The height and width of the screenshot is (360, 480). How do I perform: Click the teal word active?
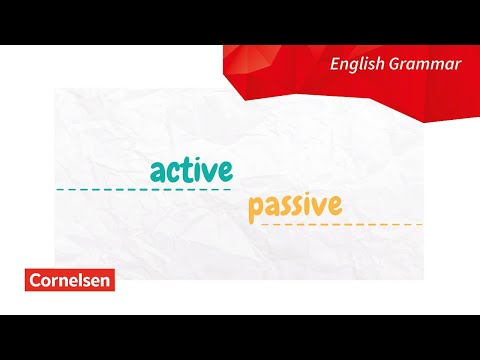point(190,168)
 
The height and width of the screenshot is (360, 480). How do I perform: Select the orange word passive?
point(295,207)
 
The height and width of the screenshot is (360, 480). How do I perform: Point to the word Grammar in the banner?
point(427,65)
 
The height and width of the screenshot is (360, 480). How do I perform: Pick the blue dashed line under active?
point(143,189)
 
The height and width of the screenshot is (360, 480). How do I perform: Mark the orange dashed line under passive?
point(340,225)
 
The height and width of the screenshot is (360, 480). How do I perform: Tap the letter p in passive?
point(255,210)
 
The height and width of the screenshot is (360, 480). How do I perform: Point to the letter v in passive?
point(319,207)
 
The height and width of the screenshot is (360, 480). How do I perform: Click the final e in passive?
point(334,207)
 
